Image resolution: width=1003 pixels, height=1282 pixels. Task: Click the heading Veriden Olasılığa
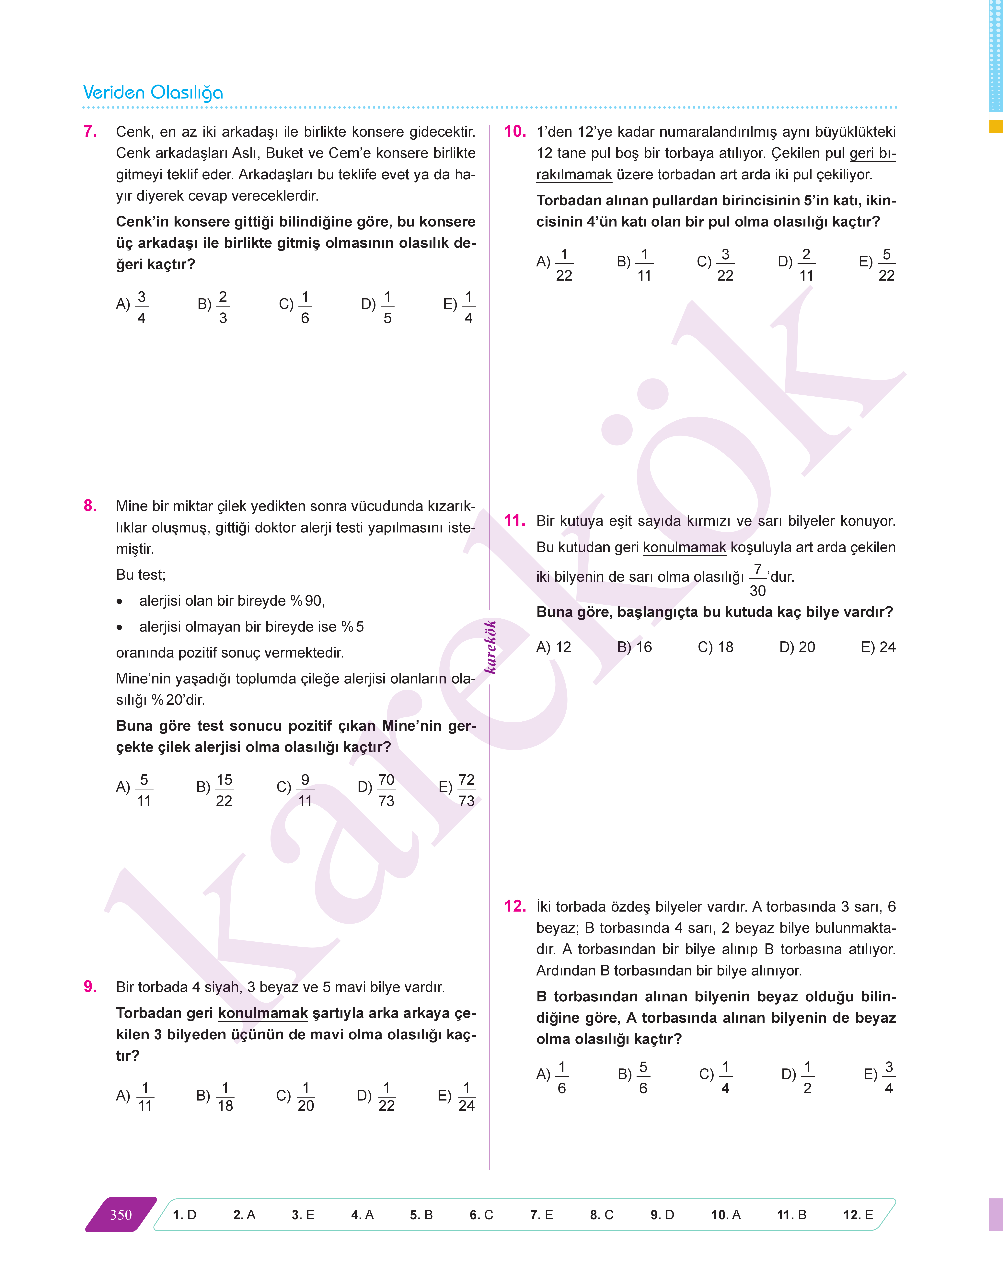(x=153, y=93)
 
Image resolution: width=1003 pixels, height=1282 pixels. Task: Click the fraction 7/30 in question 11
(x=757, y=580)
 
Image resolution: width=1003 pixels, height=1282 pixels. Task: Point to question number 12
(x=514, y=906)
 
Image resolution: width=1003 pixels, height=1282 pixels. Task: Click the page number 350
(x=121, y=1215)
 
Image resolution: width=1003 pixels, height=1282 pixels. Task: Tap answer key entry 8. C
(x=601, y=1215)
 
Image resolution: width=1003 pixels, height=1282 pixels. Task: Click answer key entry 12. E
(x=858, y=1215)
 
